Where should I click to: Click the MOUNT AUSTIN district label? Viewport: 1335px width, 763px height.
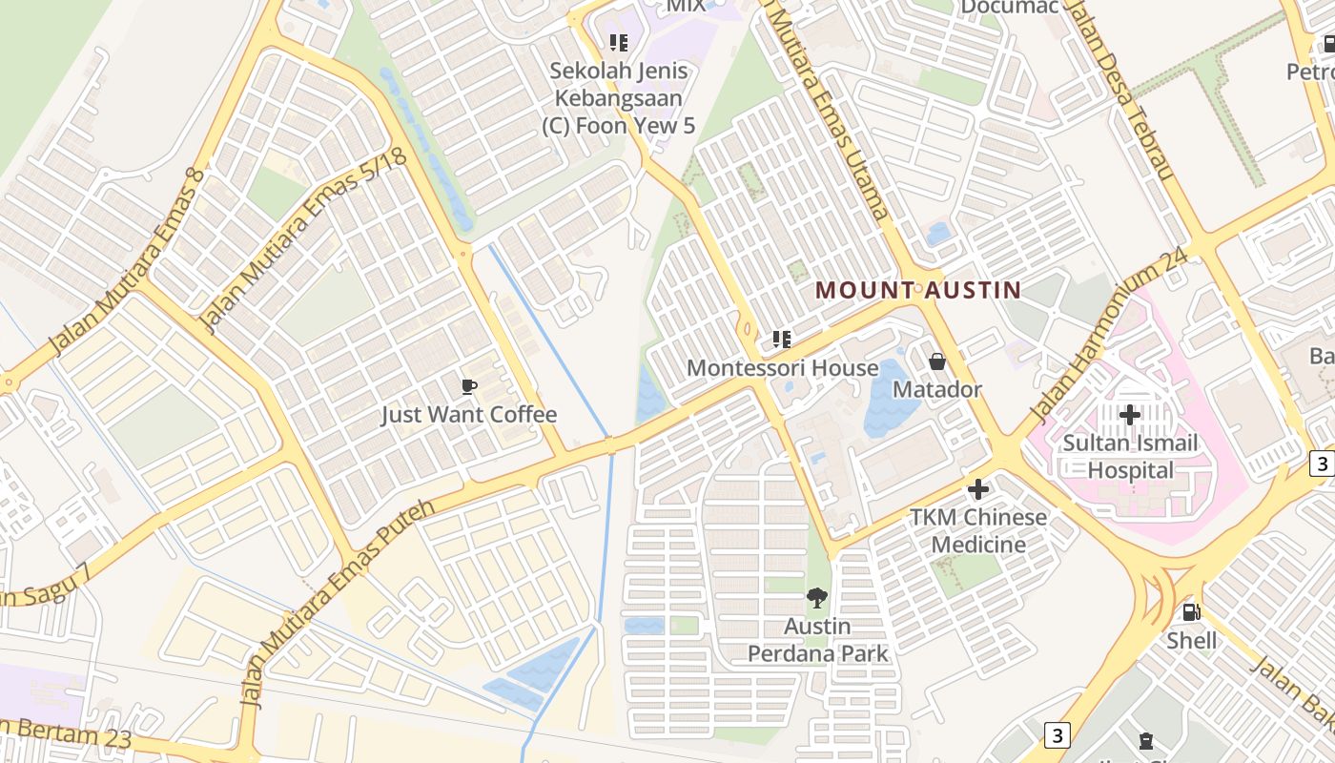coord(917,290)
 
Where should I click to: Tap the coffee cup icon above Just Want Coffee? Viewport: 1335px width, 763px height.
coord(468,386)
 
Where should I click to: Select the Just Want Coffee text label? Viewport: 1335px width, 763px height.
coord(468,415)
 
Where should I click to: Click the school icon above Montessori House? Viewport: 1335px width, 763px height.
coord(782,340)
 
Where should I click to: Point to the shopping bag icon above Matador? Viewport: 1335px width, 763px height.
coord(936,361)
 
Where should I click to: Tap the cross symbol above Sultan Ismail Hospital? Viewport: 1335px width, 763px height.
coord(1130,415)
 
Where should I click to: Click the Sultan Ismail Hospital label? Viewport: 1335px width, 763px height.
coord(1131,457)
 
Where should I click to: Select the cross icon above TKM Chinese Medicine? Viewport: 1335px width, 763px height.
coord(978,489)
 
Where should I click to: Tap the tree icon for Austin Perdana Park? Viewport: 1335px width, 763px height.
coord(816,598)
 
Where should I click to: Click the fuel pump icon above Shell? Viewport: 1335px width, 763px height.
coord(1191,612)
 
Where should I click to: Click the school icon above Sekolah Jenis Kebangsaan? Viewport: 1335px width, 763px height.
coord(619,43)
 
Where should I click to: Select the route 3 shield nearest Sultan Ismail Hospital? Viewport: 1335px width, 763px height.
coord(1321,464)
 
